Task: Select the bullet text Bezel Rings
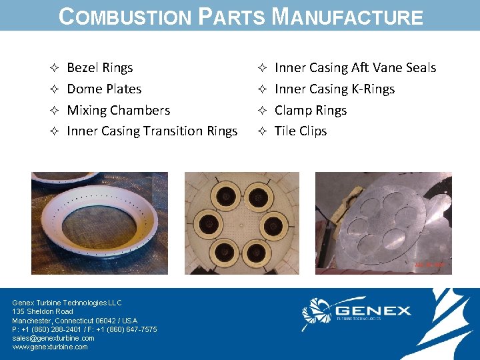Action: (100, 68)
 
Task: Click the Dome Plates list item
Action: (104, 89)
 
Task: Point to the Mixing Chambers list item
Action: (119, 111)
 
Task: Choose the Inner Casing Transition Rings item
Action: (152, 131)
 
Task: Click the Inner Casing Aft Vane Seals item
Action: (355, 68)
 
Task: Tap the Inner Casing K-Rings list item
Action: (335, 89)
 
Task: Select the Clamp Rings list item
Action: (311, 111)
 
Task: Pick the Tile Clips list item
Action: (301, 131)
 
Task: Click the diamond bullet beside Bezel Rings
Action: (55, 68)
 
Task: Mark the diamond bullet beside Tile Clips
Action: (262, 131)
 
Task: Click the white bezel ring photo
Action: (100, 223)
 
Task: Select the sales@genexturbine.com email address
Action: (53, 338)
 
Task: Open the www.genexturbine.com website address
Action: (50, 347)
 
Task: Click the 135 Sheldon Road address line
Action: (43, 311)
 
